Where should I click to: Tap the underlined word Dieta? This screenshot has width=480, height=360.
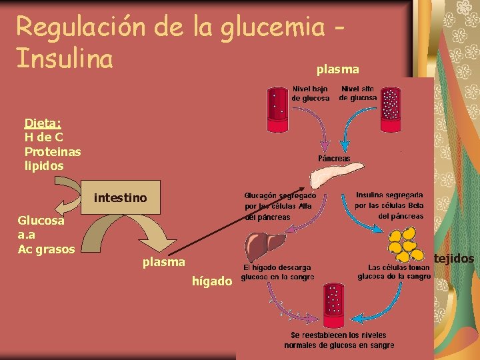pos(43,123)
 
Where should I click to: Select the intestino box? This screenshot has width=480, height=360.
pos(121,197)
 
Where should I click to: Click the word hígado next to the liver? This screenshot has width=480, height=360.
pos(212,282)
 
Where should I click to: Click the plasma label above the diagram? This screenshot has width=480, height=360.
pos(337,69)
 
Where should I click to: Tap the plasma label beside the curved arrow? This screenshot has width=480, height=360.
pos(163,262)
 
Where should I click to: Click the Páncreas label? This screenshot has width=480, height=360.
pos(334,159)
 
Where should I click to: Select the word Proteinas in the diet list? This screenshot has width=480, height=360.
pos(53,151)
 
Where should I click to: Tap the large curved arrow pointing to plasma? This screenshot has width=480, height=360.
pos(153,233)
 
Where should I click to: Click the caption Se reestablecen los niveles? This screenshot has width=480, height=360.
pos(339,340)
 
